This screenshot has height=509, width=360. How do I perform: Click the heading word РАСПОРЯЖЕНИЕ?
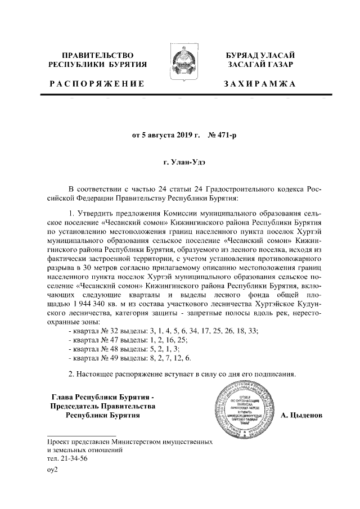[96, 84]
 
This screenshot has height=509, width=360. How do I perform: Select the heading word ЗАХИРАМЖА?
[260, 84]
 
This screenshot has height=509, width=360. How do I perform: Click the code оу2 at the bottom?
[53, 470]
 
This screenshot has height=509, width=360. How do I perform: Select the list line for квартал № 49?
[129, 358]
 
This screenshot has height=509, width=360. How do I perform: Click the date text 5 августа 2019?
[166, 136]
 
